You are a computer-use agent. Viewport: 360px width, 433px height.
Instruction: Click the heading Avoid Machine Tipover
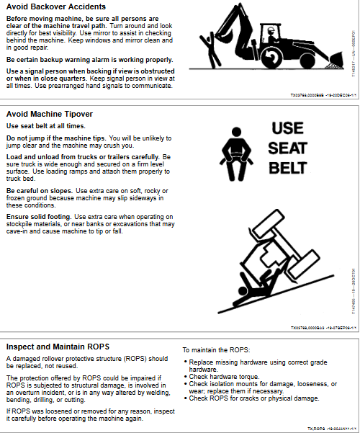click(49, 114)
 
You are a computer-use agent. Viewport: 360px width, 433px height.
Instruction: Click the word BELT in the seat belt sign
click(288, 169)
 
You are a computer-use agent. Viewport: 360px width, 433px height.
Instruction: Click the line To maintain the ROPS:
click(215, 349)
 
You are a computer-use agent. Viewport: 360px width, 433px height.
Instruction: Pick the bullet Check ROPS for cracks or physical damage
click(252, 398)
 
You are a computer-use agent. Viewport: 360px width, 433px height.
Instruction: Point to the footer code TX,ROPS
click(315, 428)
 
